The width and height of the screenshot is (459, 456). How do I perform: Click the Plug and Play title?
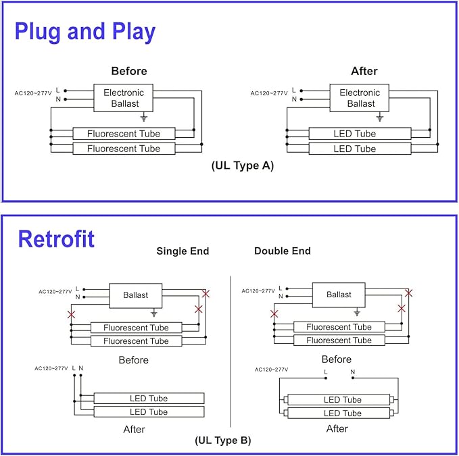tap(85, 32)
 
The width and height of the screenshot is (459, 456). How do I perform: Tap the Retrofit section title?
tap(56, 239)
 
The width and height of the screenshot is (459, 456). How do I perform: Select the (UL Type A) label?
tap(243, 166)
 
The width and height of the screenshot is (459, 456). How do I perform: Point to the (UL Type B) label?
tap(223, 440)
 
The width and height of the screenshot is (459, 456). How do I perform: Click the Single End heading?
tap(183, 251)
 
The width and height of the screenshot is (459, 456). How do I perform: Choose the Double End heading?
tap(283, 251)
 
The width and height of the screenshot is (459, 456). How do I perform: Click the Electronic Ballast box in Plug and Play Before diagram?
tap(124, 98)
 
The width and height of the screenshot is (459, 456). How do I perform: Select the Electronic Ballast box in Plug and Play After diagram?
tap(360, 98)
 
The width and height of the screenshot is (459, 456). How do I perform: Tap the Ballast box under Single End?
tap(136, 295)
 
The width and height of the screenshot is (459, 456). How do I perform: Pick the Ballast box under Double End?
tap(339, 295)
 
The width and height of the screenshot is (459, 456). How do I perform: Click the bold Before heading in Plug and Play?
tap(129, 71)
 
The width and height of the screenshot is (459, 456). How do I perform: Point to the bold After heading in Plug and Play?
tap(364, 71)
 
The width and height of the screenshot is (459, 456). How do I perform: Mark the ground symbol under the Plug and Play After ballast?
tap(380, 118)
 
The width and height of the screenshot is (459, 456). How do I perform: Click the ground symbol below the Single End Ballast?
tap(154, 313)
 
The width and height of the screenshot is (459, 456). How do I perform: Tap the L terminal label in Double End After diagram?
tap(325, 372)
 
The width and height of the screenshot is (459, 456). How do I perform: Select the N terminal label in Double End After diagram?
tap(352, 372)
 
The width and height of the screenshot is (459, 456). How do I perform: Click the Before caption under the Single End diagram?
tap(133, 360)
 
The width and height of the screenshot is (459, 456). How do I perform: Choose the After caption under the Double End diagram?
tap(337, 429)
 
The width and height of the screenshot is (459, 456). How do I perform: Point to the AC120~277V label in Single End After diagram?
tap(51, 368)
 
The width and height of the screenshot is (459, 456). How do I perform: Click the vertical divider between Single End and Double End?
tap(231, 351)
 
